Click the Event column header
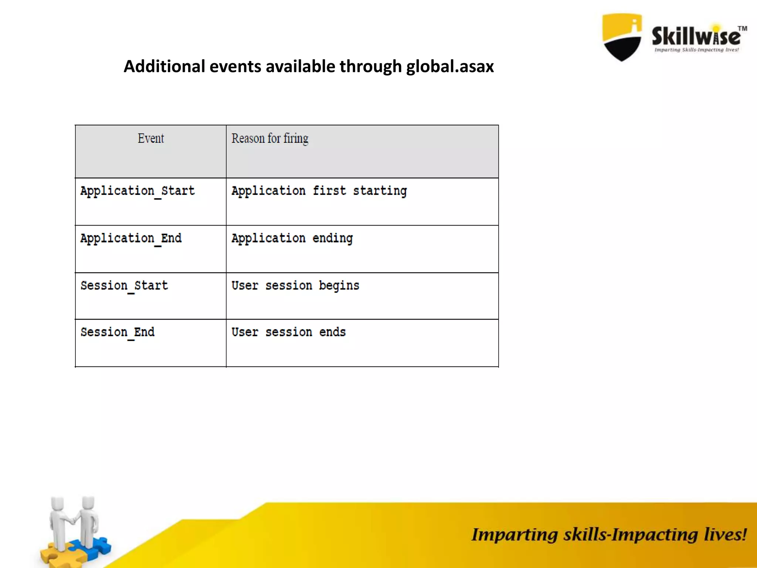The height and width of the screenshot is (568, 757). coord(150,139)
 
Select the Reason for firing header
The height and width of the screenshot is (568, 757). coord(270,139)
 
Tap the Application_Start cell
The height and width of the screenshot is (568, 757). coord(138,191)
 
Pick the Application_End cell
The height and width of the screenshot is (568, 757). coord(131,239)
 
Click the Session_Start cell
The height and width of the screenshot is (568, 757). coord(124,286)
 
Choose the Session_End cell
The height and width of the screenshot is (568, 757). coord(118,332)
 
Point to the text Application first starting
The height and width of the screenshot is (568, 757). coord(319,191)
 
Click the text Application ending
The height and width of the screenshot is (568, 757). coord(292,239)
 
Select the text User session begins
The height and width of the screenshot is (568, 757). coord(295,286)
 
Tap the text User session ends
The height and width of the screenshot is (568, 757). coord(289,332)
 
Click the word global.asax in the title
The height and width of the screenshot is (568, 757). coord(450,67)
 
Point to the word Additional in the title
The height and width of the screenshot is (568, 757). coord(164,67)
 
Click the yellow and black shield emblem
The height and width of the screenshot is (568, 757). coord(622,37)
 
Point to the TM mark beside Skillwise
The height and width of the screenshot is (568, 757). coord(742,28)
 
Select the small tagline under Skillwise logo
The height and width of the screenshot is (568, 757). coord(696,50)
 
